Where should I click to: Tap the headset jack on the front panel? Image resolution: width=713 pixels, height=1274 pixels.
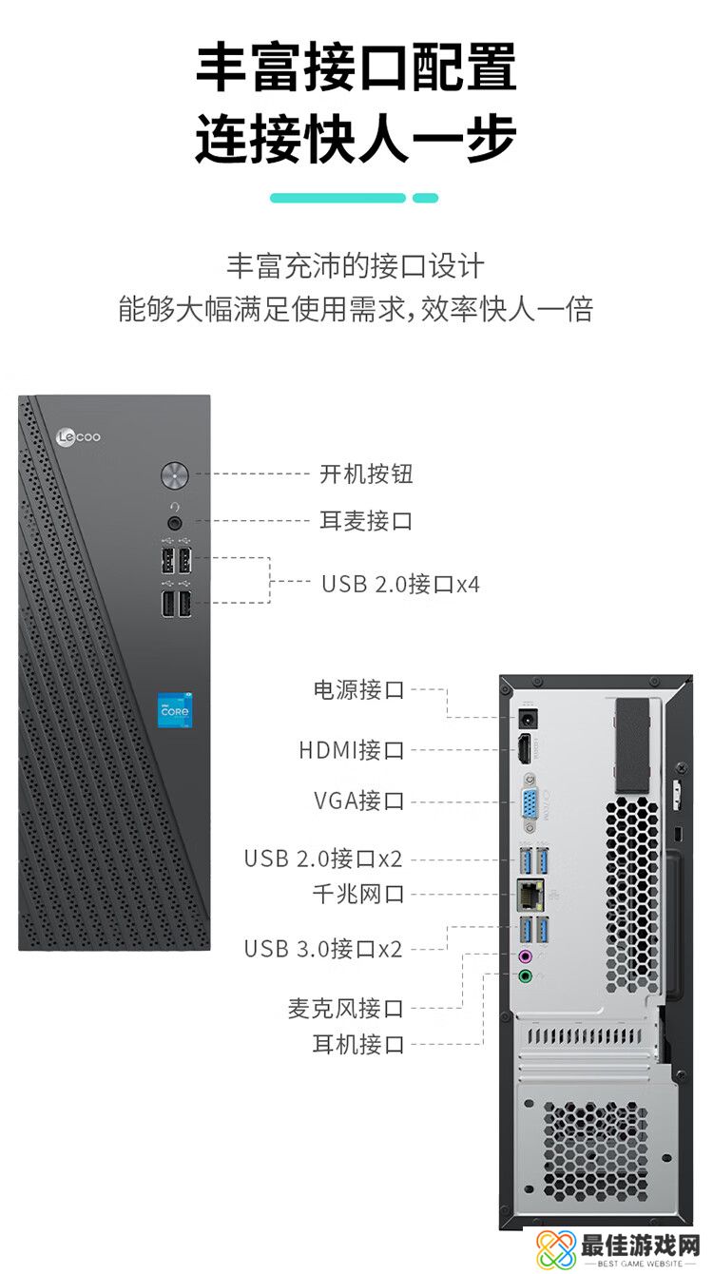(x=175, y=522)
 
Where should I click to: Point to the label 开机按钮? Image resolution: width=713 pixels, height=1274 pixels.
(x=366, y=473)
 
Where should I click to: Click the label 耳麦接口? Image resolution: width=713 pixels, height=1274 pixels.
(x=366, y=521)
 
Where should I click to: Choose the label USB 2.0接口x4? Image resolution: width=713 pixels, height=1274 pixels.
(x=400, y=583)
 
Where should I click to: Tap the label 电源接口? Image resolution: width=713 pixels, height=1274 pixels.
(x=358, y=690)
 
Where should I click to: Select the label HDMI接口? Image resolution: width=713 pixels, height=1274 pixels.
(x=352, y=750)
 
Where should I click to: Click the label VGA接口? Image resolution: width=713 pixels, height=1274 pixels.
(x=358, y=801)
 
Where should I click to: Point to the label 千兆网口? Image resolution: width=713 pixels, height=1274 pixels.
(x=358, y=894)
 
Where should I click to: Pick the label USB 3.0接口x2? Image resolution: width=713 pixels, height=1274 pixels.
(x=323, y=948)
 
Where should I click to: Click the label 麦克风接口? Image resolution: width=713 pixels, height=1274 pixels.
(x=346, y=1008)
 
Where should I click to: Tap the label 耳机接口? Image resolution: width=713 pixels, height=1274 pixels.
(x=358, y=1044)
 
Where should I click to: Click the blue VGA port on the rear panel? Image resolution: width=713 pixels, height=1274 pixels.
(x=530, y=806)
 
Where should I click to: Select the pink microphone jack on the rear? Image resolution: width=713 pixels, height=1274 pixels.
(x=525, y=955)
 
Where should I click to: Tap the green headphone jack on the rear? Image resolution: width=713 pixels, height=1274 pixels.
(x=525, y=975)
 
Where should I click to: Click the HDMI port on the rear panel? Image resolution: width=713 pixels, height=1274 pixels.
(x=524, y=750)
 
